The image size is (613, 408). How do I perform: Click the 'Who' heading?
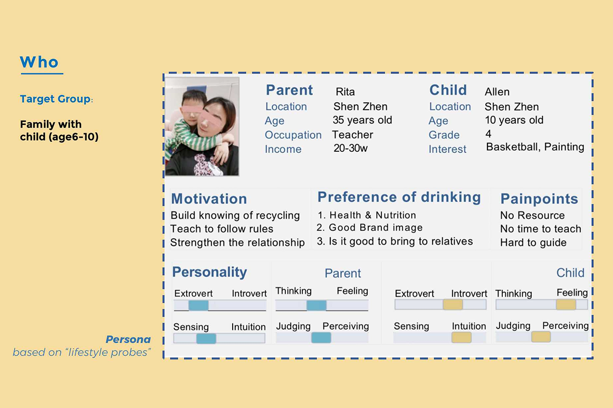pyautogui.click(x=39, y=62)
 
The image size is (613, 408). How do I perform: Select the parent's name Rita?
pyautogui.click(x=345, y=92)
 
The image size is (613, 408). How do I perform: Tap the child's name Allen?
pyautogui.click(x=497, y=92)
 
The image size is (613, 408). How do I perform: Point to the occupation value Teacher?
pyautogui.click(x=352, y=135)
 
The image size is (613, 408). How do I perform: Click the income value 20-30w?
pyautogui.click(x=350, y=149)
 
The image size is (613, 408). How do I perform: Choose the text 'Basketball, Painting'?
pyautogui.click(x=535, y=148)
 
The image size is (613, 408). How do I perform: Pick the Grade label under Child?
pyautogui.click(x=444, y=135)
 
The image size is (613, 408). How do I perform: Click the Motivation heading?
pyautogui.click(x=209, y=199)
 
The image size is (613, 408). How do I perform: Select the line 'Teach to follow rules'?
pyautogui.click(x=222, y=229)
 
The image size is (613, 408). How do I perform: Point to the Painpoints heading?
pyautogui.click(x=539, y=199)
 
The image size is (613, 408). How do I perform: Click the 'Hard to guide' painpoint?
pyautogui.click(x=533, y=242)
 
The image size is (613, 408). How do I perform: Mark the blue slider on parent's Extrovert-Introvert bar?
pyautogui.click(x=198, y=305)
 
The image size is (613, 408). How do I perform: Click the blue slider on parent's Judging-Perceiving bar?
pyautogui.click(x=321, y=338)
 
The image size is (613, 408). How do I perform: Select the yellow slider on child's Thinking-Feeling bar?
pyautogui.click(x=566, y=305)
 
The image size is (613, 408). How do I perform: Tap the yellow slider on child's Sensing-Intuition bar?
pyautogui.click(x=461, y=337)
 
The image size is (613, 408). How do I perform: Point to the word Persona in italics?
pyautogui.click(x=128, y=339)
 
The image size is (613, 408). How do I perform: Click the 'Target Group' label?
pyautogui.click(x=55, y=99)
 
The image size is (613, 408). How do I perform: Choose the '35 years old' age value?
pyautogui.click(x=362, y=120)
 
